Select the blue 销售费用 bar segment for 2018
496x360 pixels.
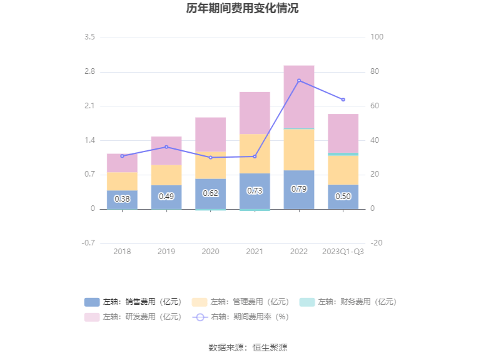(x=122, y=199)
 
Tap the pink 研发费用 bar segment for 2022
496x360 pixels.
(x=299, y=97)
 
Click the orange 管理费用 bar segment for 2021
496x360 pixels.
(x=255, y=153)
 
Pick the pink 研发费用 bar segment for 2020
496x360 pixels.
(x=211, y=134)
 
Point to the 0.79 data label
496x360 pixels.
(x=299, y=189)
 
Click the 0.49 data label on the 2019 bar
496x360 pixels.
(x=166, y=197)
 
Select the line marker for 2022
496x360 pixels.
(x=299, y=80)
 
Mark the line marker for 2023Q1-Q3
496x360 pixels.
(x=343, y=100)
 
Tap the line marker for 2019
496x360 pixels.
(x=166, y=147)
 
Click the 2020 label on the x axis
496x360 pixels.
(x=211, y=251)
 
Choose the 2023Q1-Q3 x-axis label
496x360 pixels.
(x=343, y=251)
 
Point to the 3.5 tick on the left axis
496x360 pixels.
(x=89, y=38)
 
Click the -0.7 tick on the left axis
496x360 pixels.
(x=88, y=243)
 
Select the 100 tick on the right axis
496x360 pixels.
(x=377, y=38)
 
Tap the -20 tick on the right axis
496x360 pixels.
(x=377, y=243)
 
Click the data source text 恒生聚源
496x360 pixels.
(x=270, y=347)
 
